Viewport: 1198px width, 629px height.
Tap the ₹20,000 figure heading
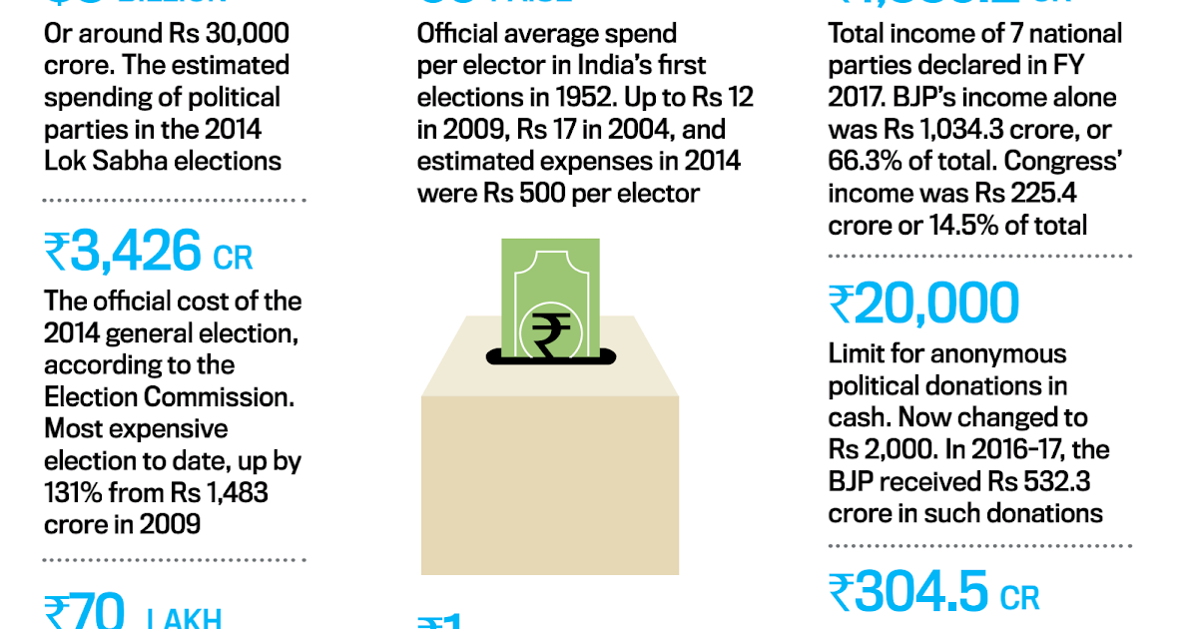(x=923, y=305)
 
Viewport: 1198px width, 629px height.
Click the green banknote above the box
(x=551, y=290)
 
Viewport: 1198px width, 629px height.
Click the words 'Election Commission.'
(x=170, y=396)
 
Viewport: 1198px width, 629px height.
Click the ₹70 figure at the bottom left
(x=85, y=611)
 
